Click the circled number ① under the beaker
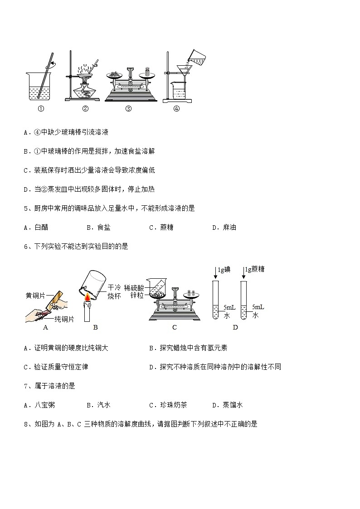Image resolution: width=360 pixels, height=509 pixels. click(41, 108)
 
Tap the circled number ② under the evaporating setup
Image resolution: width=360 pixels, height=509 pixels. click(85, 108)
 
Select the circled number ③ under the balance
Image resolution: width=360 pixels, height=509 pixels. click(128, 108)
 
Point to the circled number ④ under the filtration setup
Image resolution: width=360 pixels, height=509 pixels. click(176, 108)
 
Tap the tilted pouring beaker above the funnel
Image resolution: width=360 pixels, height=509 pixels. click(196, 57)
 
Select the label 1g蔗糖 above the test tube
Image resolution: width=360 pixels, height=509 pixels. click(254, 270)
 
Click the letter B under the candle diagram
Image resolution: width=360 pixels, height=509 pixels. click(95, 328)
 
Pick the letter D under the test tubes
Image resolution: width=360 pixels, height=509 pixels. click(235, 328)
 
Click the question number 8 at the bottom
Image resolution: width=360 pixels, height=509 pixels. click(26, 424)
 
